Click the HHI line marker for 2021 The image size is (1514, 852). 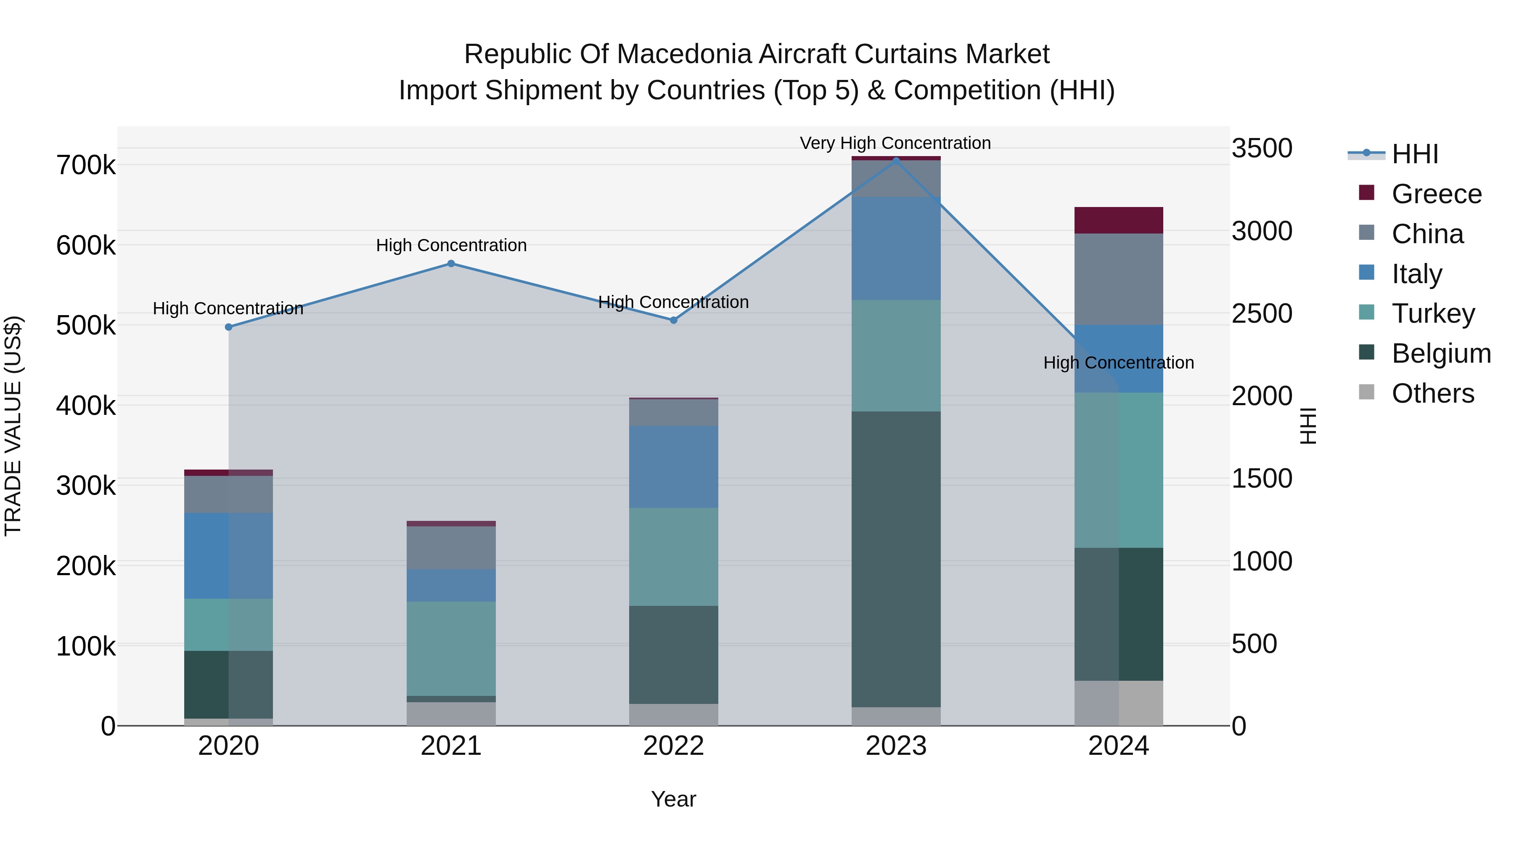[451, 263]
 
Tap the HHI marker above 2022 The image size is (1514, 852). [674, 320]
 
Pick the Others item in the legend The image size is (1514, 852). [1432, 393]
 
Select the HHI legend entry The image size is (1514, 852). [1415, 154]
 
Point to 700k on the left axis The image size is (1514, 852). [86, 165]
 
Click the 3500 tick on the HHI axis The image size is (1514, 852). [1261, 148]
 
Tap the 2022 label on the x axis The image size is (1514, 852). [674, 746]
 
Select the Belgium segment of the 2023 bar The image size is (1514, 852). [896, 559]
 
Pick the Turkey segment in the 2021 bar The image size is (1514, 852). [451, 648]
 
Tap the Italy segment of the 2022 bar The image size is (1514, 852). [674, 467]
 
